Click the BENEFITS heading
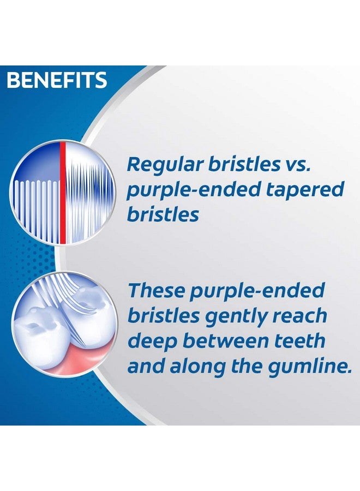pos(57,80)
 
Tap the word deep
pos(151,341)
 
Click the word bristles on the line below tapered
pos(163,214)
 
